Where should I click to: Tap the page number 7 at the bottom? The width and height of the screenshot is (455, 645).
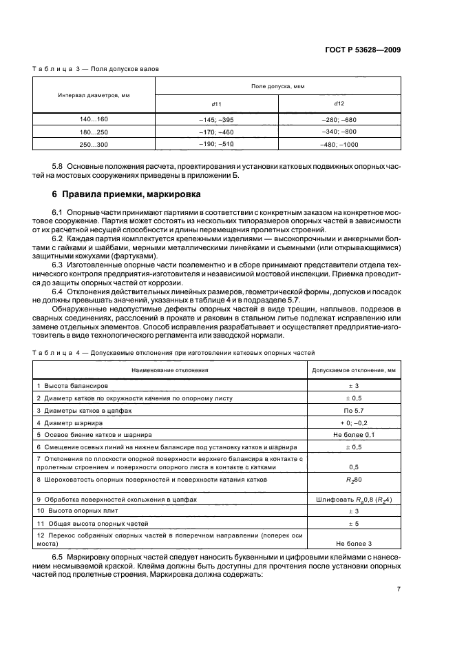coord(399,589)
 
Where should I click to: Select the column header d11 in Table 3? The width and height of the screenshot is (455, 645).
coord(215,104)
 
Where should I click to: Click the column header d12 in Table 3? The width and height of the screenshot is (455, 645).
coord(339,103)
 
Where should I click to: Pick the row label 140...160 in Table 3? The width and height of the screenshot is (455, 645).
coord(94,119)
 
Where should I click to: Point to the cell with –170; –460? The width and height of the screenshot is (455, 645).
coord(215,132)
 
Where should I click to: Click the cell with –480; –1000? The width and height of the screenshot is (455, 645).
coord(339,144)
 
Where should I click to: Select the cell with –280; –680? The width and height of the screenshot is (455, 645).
coord(339,119)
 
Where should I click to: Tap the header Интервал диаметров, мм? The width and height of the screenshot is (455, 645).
coord(94,95)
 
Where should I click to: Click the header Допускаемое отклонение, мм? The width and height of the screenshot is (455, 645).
coord(353,370)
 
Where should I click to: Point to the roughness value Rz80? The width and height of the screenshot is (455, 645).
coord(352,479)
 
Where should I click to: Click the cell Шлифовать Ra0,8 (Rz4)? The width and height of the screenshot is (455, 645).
coord(352,498)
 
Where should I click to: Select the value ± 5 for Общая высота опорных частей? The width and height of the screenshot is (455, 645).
coord(352,523)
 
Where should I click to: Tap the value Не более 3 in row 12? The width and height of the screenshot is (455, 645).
coord(352,544)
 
